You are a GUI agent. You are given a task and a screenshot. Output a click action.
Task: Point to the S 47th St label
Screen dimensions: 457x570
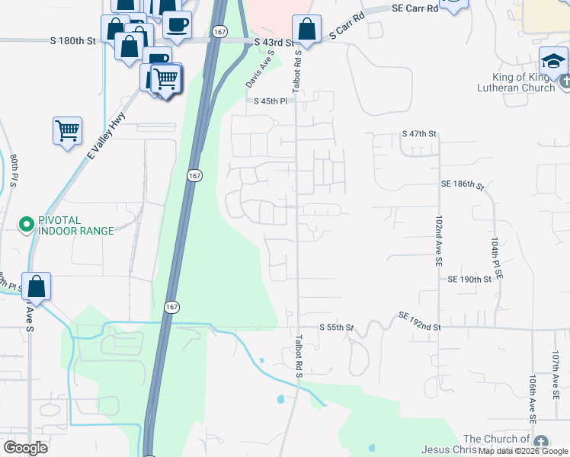tap(419, 134)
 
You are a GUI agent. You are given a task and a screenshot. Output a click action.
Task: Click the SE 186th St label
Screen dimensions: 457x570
tap(463, 184)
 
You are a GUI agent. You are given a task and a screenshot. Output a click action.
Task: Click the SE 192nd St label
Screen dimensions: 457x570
tap(420, 321)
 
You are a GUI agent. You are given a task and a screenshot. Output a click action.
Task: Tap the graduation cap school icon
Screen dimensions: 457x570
tap(553, 61)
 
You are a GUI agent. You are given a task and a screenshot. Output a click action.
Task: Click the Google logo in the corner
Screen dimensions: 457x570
tap(26, 448)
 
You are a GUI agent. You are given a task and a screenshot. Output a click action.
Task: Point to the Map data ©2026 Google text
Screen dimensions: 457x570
tap(523, 451)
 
